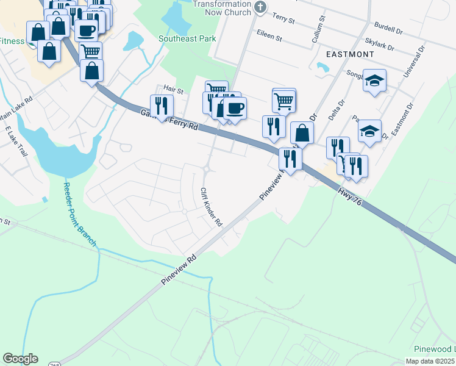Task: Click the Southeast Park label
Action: [187, 38]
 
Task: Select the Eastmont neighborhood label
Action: [350, 54]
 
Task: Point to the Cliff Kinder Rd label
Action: [211, 207]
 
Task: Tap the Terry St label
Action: [283, 18]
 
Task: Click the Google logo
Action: [20, 359]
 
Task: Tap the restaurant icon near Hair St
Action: [162, 106]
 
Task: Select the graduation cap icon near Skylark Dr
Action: [374, 81]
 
